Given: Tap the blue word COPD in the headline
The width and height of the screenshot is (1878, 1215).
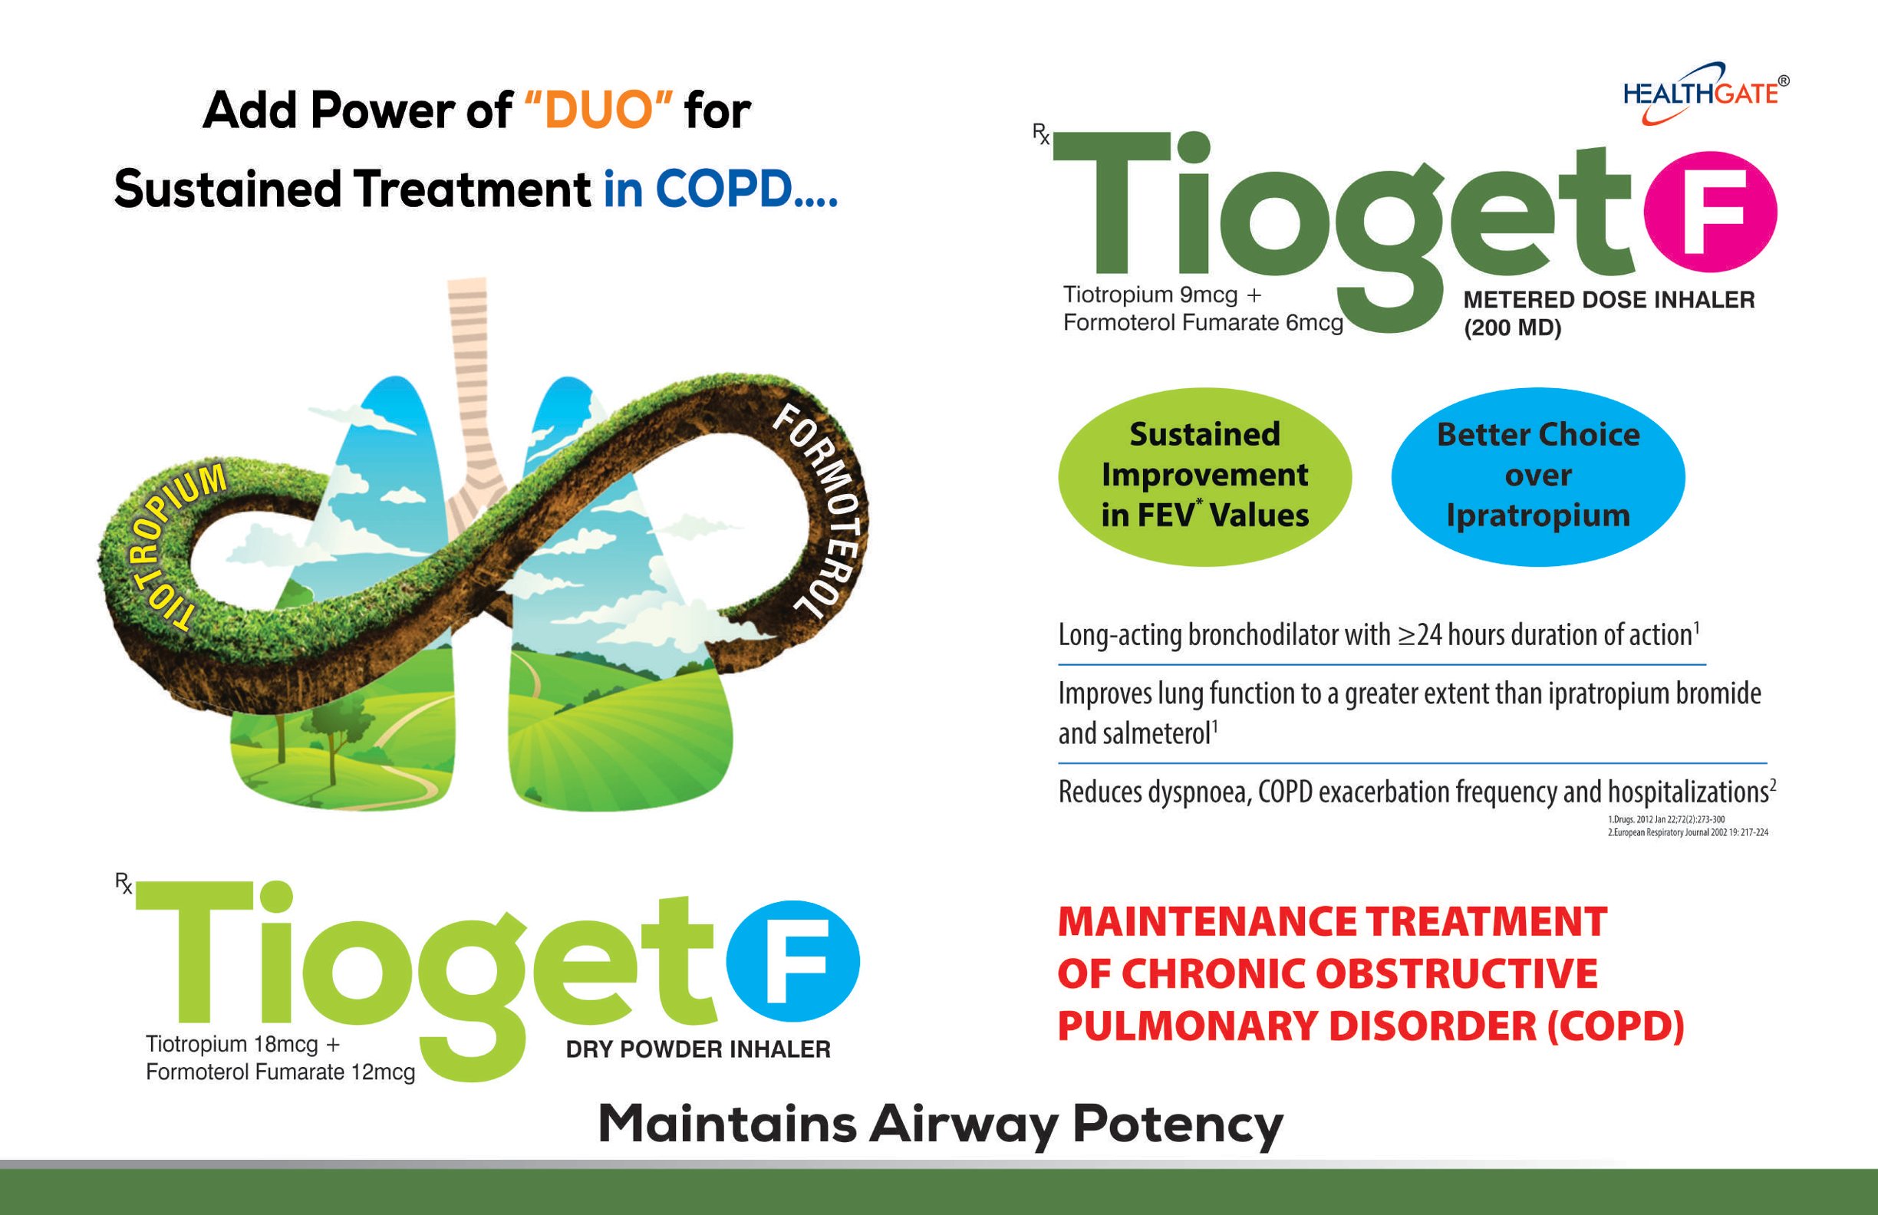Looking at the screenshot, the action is (x=723, y=189).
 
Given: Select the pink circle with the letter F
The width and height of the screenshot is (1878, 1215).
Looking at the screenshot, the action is (x=1710, y=212).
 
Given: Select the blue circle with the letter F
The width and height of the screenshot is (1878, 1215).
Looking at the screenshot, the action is (x=792, y=962).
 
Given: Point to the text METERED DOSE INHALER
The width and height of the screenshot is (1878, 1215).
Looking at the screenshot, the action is (x=1609, y=300).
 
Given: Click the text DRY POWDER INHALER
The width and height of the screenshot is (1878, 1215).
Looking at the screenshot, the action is (x=698, y=1049).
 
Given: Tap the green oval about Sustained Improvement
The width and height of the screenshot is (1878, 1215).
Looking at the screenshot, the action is (x=1205, y=476).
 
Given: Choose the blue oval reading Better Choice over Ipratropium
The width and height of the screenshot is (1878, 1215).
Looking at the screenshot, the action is (x=1538, y=476).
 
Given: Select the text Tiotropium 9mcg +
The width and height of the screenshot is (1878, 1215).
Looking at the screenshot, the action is (x=1162, y=295).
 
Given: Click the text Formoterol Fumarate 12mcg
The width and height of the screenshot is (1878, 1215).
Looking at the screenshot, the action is (x=280, y=1072).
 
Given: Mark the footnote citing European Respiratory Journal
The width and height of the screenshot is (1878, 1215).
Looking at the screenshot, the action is (x=1688, y=832).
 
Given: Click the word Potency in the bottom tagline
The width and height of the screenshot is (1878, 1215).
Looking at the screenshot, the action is (x=1178, y=1125).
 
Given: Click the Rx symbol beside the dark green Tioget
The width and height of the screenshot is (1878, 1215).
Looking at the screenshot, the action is (x=1041, y=134).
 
